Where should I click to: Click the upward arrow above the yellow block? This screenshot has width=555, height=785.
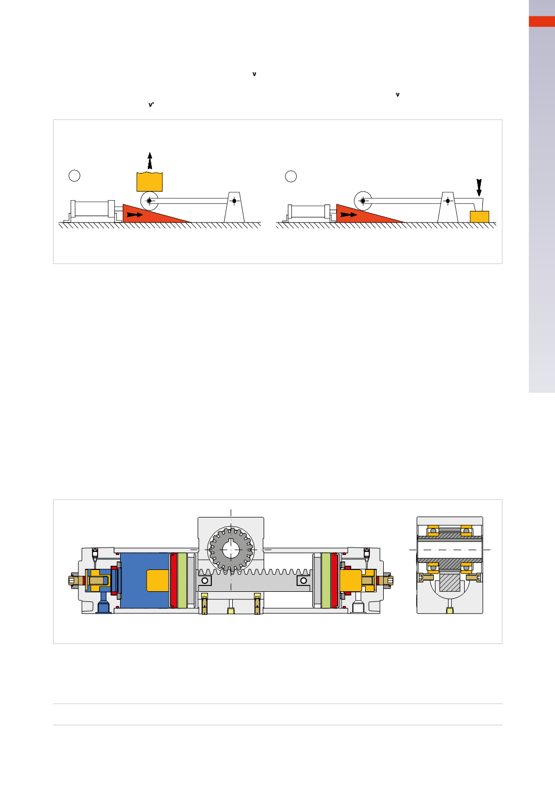tap(150, 161)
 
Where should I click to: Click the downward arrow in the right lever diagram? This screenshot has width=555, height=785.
tap(479, 187)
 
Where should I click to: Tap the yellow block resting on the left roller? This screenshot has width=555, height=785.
tap(149, 181)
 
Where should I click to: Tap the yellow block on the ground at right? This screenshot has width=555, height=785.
tap(479, 217)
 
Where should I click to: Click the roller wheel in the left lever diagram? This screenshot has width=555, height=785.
tap(149, 201)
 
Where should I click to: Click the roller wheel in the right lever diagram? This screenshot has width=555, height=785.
tap(363, 201)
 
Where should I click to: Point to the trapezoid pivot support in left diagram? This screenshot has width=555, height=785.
tap(234, 207)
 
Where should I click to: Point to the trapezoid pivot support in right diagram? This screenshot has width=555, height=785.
tap(448, 207)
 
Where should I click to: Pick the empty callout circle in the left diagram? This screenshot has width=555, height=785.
tap(74, 176)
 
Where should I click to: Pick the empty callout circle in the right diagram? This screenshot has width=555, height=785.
tap(291, 176)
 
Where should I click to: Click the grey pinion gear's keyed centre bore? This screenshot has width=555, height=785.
tap(231, 550)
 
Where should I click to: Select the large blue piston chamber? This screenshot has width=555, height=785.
tap(145, 580)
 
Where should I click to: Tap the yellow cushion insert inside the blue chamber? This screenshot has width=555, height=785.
tap(157, 580)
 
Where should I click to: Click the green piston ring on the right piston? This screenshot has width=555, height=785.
tap(326, 580)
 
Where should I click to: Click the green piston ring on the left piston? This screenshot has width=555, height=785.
tap(182, 580)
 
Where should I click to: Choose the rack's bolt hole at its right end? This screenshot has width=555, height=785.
tap(304, 580)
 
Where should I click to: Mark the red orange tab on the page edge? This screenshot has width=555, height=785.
tap(542, 21)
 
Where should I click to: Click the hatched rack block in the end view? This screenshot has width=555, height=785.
tap(449, 582)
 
